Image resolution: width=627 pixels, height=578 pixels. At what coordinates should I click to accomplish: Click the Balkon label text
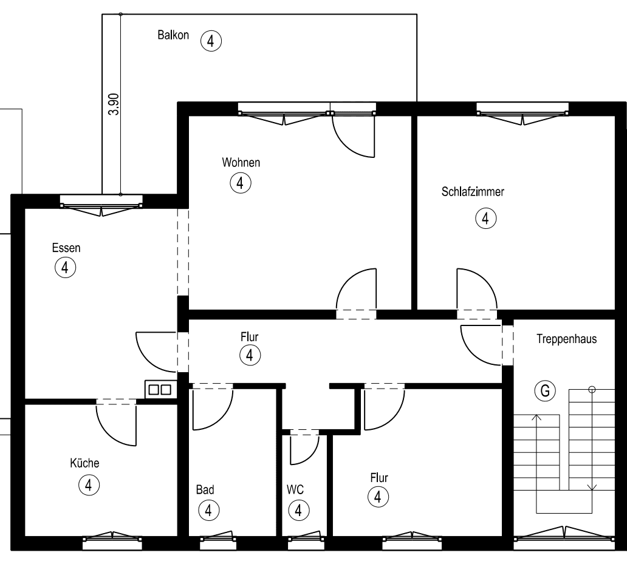click(173, 35)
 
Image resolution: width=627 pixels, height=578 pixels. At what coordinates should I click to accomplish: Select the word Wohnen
click(241, 163)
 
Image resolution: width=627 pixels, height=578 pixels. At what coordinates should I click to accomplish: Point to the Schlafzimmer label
click(473, 192)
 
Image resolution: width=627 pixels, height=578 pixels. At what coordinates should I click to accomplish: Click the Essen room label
click(66, 248)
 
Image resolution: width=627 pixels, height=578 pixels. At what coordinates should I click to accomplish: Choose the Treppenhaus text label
click(566, 339)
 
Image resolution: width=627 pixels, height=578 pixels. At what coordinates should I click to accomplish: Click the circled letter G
click(544, 392)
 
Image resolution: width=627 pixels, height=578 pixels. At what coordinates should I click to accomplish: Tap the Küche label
click(84, 463)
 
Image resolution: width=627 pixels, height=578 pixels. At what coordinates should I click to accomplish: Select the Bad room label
click(205, 489)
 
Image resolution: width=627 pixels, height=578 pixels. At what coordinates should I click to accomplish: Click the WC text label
click(295, 489)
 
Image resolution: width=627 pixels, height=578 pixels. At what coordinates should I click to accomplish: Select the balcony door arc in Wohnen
click(352, 137)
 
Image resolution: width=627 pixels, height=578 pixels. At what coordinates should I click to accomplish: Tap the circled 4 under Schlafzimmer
click(485, 218)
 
